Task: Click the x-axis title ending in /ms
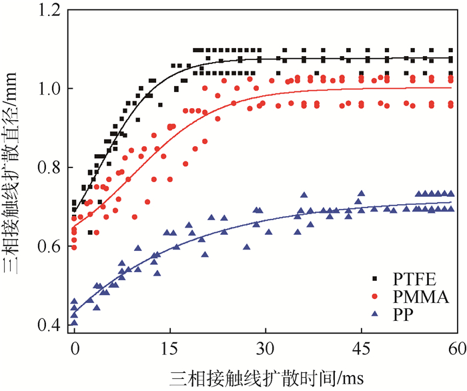tap(265, 378)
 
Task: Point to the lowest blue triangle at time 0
tap(74, 322)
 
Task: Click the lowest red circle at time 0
tap(74, 248)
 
